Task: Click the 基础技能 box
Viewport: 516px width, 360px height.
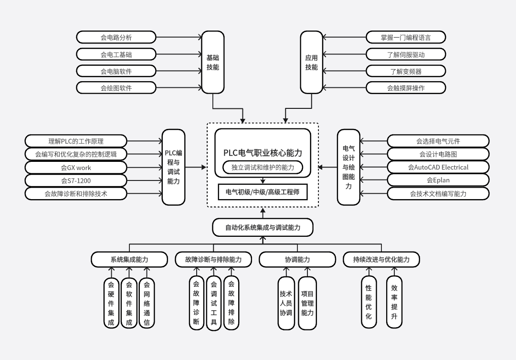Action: [212, 62]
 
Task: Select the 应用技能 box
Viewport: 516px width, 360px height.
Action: [311, 62]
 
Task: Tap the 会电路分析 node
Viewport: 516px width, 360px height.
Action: [116, 37]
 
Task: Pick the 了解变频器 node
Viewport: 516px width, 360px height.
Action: [406, 71]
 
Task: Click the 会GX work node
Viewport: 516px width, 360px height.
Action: [76, 168]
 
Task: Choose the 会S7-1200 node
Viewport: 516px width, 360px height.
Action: [76, 180]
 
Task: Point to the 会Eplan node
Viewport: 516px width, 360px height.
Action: [438, 180]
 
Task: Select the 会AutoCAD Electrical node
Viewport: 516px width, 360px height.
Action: [438, 167]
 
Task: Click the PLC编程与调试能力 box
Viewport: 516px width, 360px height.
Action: [173, 167]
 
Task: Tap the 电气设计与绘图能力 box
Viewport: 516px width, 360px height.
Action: [348, 167]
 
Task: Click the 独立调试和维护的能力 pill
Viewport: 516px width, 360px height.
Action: [263, 168]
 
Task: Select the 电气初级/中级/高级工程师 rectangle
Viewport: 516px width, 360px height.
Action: [263, 191]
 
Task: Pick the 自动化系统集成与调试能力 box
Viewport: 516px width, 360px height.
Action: [263, 228]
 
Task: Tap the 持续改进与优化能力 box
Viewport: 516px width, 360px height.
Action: [381, 260]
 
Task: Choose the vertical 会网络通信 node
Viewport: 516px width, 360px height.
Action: [147, 303]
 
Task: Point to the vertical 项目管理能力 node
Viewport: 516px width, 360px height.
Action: [307, 303]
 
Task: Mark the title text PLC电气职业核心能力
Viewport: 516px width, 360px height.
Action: [263, 153]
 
